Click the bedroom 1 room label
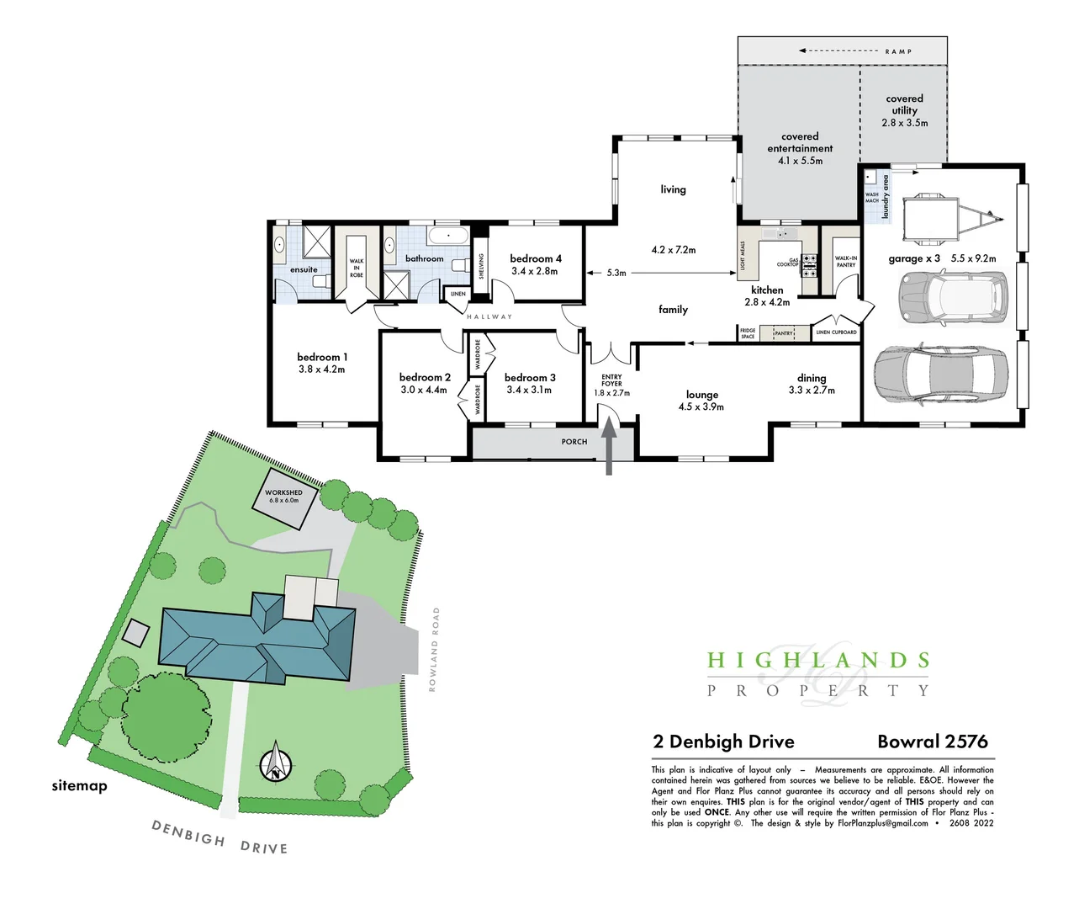pyautogui.click(x=321, y=358)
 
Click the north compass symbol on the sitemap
pyautogui.click(x=275, y=763)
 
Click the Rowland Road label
pyautogui.click(x=434, y=650)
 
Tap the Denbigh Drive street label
pyautogui.click(x=220, y=837)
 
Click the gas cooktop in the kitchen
pyautogui.click(x=808, y=266)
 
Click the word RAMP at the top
pyautogui.click(x=898, y=51)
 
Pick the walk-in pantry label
pyautogui.click(x=846, y=262)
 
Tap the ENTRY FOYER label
pyautogui.click(x=611, y=380)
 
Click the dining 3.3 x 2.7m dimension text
pyautogui.click(x=812, y=391)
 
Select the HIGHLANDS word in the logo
pyautogui.click(x=817, y=661)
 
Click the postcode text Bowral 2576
pyautogui.click(x=932, y=742)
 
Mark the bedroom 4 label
pyautogui.click(x=535, y=258)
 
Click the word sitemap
pyautogui.click(x=79, y=786)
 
